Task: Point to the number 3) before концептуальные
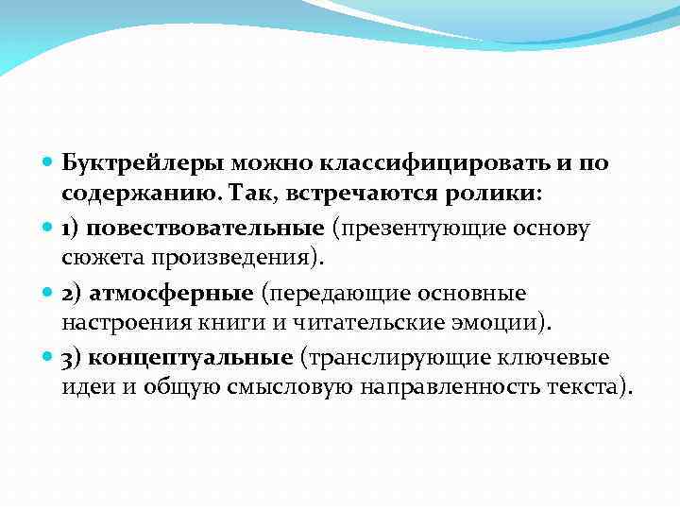[72, 358]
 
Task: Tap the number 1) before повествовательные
[72, 228]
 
